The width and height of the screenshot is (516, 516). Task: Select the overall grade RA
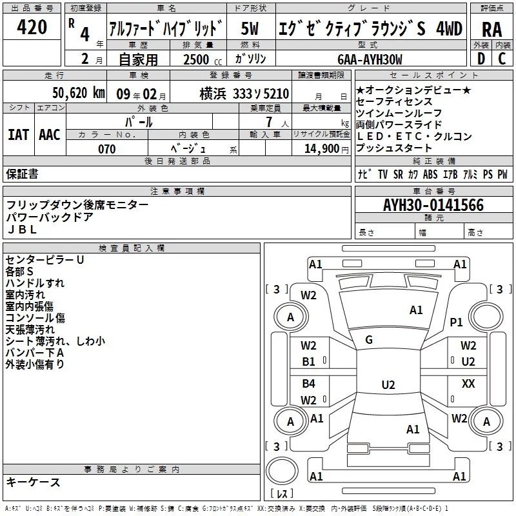[491, 28]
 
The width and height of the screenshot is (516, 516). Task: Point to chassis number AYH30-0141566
[433, 205]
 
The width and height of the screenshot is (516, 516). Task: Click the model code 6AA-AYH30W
[370, 60]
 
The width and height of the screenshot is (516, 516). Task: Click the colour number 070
[106, 149]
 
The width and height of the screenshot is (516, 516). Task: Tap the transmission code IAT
[18, 134]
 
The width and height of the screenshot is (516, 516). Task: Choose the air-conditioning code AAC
[49, 134]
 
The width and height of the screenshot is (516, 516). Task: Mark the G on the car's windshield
[369, 339]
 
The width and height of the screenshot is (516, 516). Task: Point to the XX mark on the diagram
[468, 384]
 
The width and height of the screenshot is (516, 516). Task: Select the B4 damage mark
[309, 384]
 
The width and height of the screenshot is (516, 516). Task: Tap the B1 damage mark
[309, 362]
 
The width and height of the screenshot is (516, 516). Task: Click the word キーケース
[33, 482]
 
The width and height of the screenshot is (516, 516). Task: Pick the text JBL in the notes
[22, 228]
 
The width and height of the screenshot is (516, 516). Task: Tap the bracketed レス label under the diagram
[282, 494]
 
